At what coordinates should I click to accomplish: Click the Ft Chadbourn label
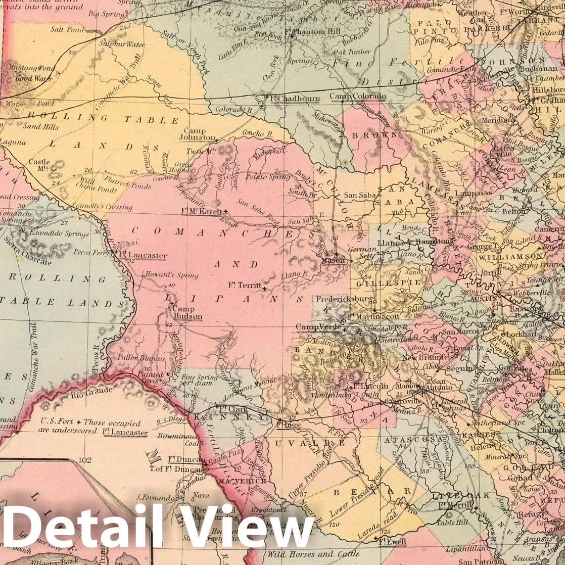(x=295, y=98)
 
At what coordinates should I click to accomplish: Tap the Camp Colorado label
(x=358, y=96)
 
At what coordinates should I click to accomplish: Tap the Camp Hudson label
(x=187, y=313)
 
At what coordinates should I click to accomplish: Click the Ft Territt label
(x=246, y=285)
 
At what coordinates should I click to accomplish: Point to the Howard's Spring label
(x=163, y=275)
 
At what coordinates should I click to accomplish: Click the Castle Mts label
(x=39, y=165)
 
